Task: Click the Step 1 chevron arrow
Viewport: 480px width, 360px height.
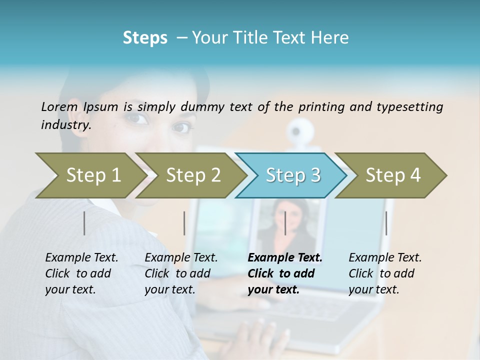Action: click(x=90, y=175)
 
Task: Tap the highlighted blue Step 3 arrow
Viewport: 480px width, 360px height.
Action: click(x=292, y=175)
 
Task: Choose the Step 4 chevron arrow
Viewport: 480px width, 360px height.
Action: click(x=392, y=175)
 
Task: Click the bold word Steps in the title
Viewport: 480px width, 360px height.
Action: click(x=145, y=38)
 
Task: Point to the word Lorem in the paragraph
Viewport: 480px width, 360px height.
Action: click(x=59, y=106)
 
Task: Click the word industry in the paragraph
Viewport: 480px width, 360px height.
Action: click(x=65, y=125)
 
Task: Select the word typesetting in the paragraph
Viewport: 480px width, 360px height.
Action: click(x=410, y=106)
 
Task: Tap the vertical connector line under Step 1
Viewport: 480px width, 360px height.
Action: click(x=84, y=223)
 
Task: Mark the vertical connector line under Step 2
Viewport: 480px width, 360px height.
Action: click(x=184, y=223)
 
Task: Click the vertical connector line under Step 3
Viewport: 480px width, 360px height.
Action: click(x=285, y=223)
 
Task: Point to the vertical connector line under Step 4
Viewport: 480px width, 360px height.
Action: click(x=386, y=223)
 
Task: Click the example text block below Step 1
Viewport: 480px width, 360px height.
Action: click(x=81, y=273)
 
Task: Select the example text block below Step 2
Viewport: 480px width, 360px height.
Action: click(x=181, y=273)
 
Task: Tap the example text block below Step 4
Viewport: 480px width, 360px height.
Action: click(x=385, y=273)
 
